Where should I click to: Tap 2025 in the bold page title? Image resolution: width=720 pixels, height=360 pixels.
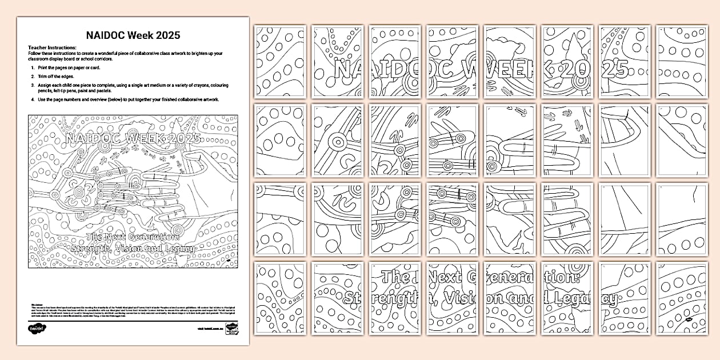coord(167,35)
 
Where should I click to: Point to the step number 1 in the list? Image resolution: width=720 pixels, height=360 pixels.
coord(33,67)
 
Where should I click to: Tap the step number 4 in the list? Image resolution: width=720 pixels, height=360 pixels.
coord(33,99)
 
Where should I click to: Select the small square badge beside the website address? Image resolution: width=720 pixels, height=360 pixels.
coord(232,329)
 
